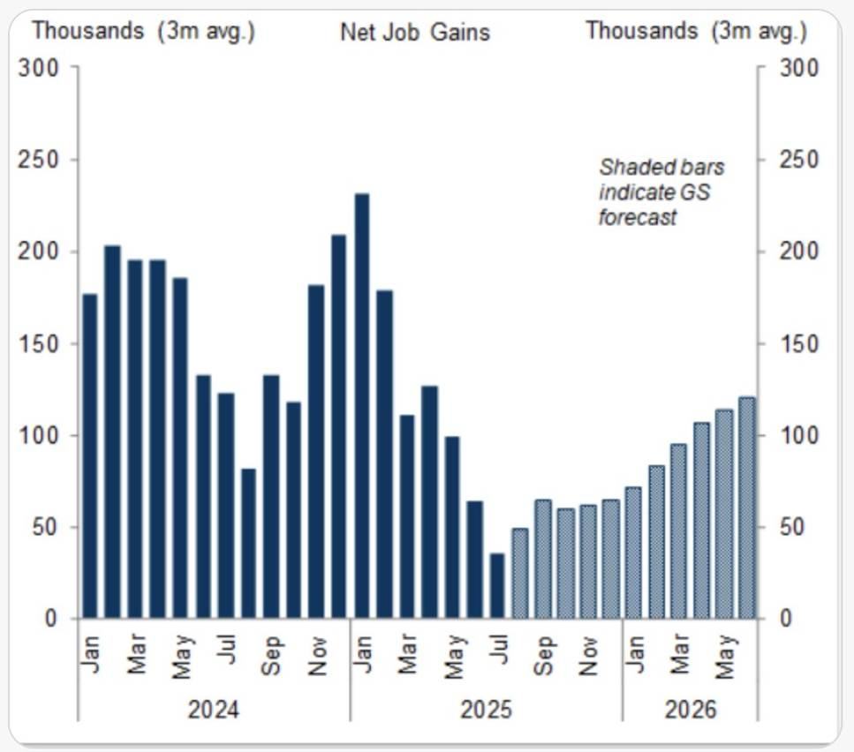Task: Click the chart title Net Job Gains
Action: pos(414,33)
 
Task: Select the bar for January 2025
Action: pos(361,406)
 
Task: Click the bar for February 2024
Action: pos(112,432)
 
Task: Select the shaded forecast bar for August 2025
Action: pos(520,574)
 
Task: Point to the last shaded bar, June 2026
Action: pos(747,508)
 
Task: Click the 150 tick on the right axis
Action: pos(798,343)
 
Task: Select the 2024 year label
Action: pos(213,709)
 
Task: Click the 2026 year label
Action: pos(691,709)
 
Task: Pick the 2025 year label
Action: pos(485,709)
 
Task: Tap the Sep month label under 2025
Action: pos(544,655)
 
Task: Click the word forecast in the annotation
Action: pos(637,216)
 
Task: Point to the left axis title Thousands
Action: pos(87,30)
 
